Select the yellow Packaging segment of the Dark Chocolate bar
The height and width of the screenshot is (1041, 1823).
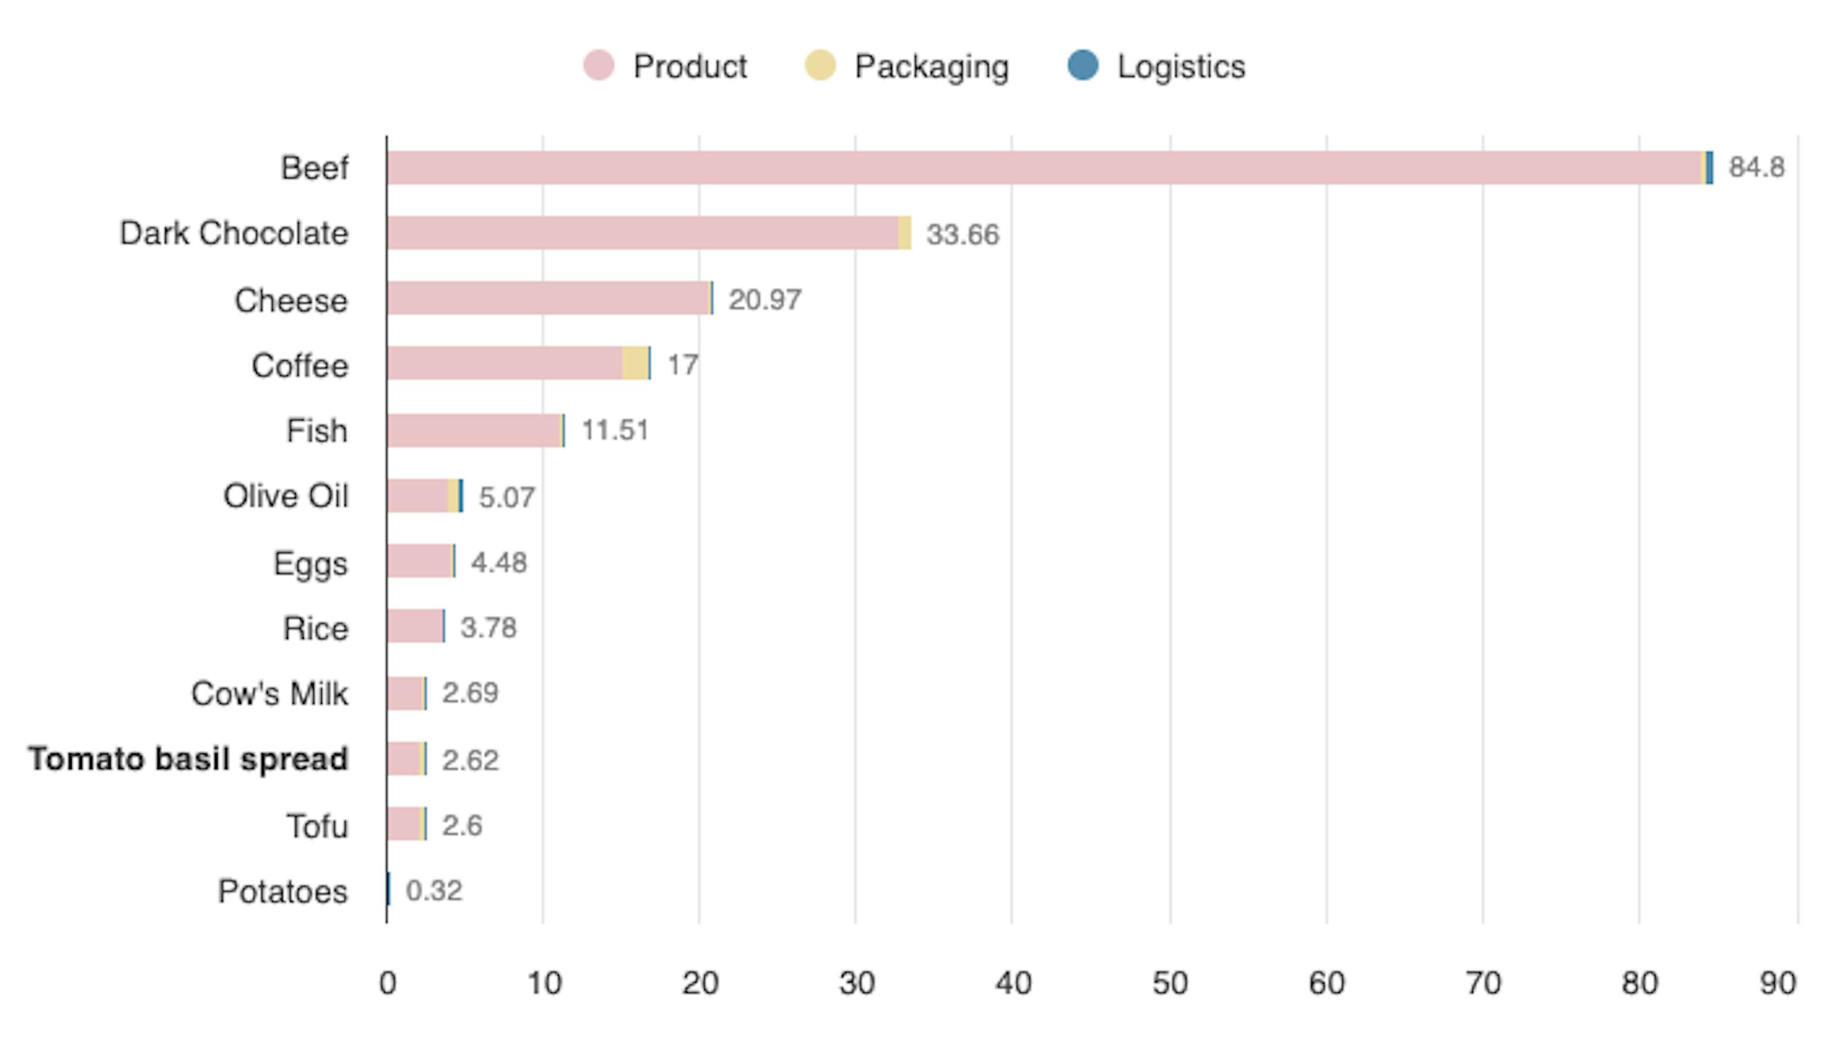tap(905, 233)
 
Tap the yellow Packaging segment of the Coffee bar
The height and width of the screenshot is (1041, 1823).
tap(634, 363)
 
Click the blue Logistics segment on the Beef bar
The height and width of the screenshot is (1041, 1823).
tap(1709, 168)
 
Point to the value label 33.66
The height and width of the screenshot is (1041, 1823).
tap(962, 234)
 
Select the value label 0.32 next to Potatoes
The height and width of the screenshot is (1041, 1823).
tap(433, 891)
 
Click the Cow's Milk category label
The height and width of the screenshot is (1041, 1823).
tap(269, 694)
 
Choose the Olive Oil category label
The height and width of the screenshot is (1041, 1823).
tap(286, 496)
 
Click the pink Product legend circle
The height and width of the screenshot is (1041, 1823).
tap(599, 66)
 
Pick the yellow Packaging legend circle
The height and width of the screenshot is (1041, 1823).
tap(820, 66)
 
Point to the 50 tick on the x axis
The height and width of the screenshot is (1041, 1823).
tap(1169, 984)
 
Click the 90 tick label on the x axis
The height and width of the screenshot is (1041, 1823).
tap(1777, 984)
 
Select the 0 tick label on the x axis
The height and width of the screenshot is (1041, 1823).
tap(388, 984)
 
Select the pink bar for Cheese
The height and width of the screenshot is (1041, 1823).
tap(547, 298)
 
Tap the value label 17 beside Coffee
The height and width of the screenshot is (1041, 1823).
tap(682, 366)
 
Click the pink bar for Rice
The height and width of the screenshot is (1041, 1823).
tap(415, 626)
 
